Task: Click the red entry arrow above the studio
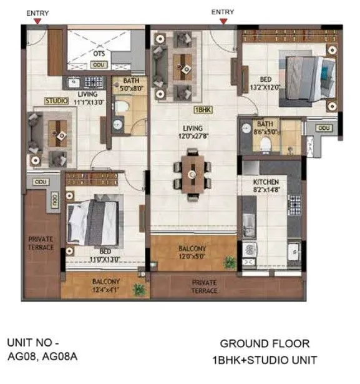[38, 21]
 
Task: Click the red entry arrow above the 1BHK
[223, 21]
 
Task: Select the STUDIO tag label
[56, 100]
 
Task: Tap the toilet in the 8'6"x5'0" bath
[266, 143]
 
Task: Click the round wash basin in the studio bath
[118, 126]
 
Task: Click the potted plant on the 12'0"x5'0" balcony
[231, 262]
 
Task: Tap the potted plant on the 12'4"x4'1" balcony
[139, 289]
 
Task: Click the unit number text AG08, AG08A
[43, 359]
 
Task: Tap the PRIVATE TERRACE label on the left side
[41, 242]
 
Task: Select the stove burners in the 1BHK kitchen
[294, 205]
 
